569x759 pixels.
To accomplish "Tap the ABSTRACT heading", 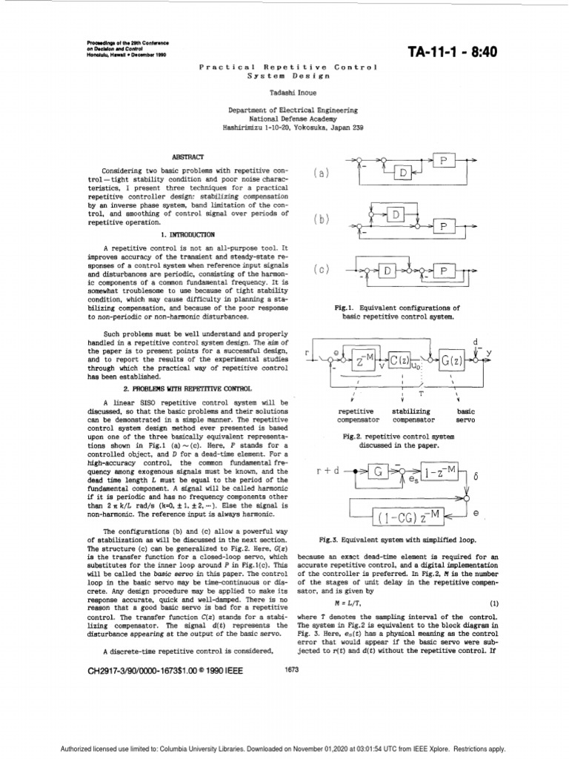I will click(187, 157).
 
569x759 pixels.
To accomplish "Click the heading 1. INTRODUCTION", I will click(187, 235).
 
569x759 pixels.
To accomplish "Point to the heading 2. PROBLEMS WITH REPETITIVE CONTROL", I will click(187, 388).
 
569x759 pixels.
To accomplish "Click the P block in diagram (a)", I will click(444, 161).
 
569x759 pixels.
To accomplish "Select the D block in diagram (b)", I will click(397, 215).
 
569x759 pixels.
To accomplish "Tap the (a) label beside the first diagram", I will click(321, 173).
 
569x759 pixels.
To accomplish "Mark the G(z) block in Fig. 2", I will click(457, 362).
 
